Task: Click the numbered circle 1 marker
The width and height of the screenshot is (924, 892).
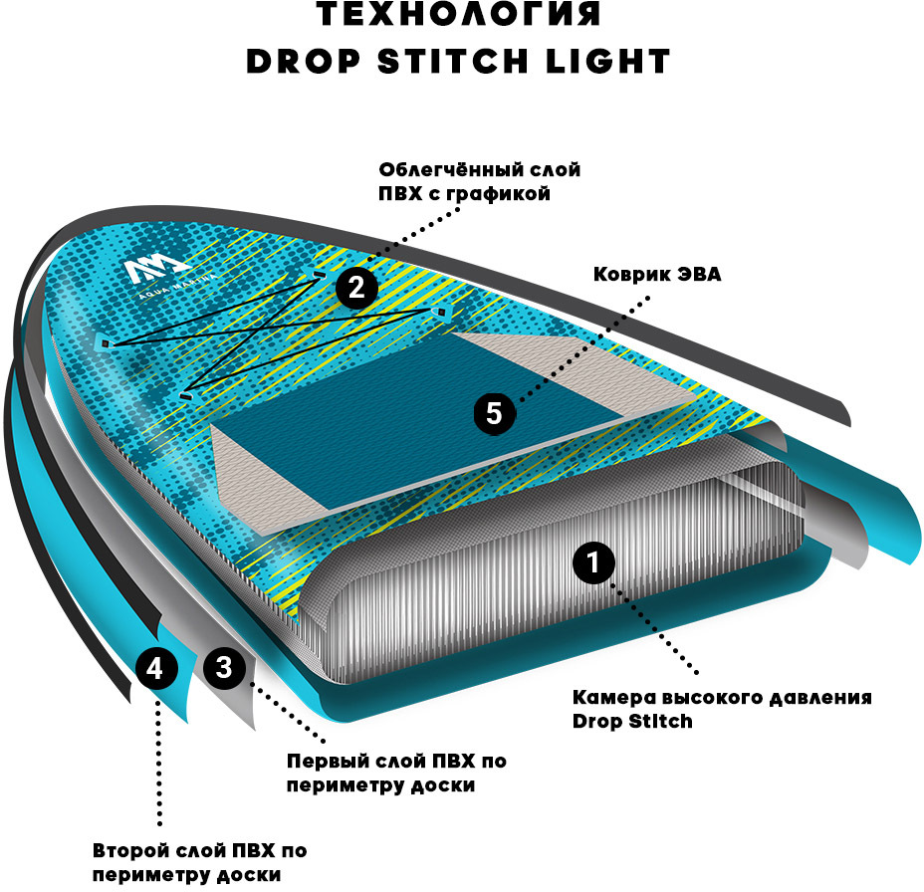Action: pyautogui.click(x=593, y=563)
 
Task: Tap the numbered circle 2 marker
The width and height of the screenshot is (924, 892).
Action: pyautogui.click(x=356, y=288)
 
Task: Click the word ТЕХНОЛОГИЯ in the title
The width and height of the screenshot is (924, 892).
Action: pyautogui.click(x=458, y=17)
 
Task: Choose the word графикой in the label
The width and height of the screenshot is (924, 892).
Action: pyautogui.click(x=504, y=194)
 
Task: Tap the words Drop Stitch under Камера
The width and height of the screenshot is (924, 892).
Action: pyautogui.click(x=631, y=721)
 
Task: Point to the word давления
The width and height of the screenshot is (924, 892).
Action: pyautogui.click(x=822, y=697)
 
